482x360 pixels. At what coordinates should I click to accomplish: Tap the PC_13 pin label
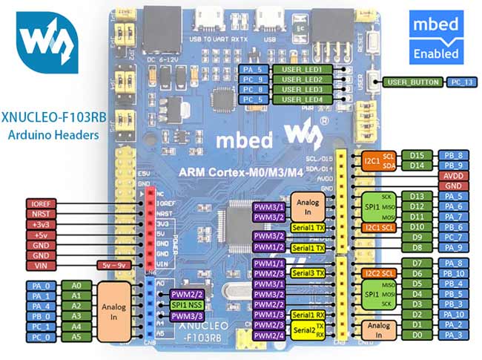(461, 82)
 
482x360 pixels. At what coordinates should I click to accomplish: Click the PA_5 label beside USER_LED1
(253, 69)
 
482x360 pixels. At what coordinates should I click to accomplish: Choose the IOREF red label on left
(42, 202)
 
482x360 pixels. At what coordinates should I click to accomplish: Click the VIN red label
(42, 264)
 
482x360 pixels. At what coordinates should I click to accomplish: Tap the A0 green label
(75, 284)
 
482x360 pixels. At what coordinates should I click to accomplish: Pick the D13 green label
(417, 196)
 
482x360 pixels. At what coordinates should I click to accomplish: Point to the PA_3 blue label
(455, 336)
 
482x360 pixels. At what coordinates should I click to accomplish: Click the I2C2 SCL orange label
(377, 274)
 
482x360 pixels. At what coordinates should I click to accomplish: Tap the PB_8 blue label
(455, 155)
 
